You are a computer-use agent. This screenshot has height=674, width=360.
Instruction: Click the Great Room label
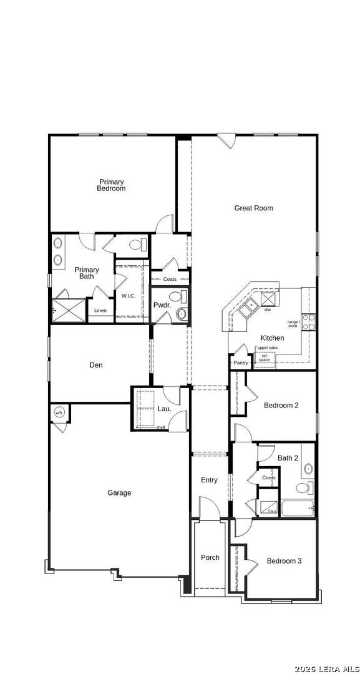253,208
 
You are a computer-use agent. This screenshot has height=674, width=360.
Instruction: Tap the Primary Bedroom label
111,185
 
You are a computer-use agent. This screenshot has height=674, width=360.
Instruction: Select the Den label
96,365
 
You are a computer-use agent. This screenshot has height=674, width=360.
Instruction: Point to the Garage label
119,493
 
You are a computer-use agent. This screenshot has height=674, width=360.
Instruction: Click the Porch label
210,557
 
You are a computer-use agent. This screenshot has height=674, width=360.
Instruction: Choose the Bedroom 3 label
284,561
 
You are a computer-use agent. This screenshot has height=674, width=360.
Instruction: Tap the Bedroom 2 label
281,406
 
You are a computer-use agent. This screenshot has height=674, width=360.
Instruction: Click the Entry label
209,480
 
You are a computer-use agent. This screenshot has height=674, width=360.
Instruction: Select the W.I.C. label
129,296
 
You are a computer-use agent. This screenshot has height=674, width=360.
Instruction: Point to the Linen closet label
100,310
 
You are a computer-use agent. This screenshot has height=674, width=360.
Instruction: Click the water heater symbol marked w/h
59,413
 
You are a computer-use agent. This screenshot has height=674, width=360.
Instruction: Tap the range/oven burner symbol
308,322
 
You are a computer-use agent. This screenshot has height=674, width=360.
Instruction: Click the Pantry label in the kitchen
241,363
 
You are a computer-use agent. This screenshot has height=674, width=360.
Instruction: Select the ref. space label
265,358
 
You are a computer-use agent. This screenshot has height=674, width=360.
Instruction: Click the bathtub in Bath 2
297,508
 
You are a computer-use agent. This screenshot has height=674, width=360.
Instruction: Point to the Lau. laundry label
164,409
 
